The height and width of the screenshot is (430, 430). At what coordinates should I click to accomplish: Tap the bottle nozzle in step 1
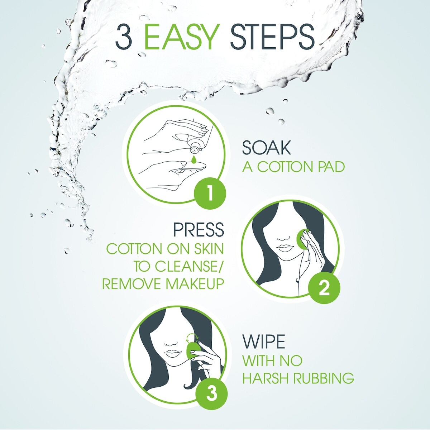coord(194,148)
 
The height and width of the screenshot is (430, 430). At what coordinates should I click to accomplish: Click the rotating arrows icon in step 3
coord(193,336)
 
